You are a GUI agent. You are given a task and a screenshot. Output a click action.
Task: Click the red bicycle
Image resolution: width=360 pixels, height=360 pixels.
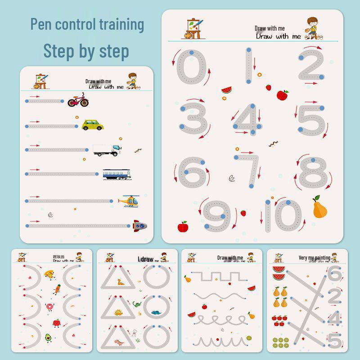click(x=77, y=100)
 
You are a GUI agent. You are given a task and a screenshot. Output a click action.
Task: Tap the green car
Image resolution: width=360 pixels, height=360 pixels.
click(x=92, y=125)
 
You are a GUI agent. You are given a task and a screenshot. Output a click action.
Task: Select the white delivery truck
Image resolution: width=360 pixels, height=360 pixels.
click(x=107, y=150)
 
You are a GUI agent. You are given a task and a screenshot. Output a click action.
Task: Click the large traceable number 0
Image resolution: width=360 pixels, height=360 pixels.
click(x=192, y=67)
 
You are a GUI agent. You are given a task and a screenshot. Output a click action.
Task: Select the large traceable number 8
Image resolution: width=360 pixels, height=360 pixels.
click(x=312, y=173)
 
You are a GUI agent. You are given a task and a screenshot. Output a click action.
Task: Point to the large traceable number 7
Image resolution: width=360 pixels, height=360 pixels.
click(x=250, y=171)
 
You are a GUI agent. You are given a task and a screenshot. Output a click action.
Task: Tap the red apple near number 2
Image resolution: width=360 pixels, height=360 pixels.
click(x=283, y=95)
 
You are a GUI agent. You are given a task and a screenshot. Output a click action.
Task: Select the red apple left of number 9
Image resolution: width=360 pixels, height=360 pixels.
click(x=182, y=226)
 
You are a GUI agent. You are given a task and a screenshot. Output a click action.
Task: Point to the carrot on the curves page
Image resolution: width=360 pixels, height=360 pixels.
click(x=56, y=289)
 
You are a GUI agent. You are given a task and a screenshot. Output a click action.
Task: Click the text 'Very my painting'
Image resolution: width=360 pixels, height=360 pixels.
click(x=314, y=258)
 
